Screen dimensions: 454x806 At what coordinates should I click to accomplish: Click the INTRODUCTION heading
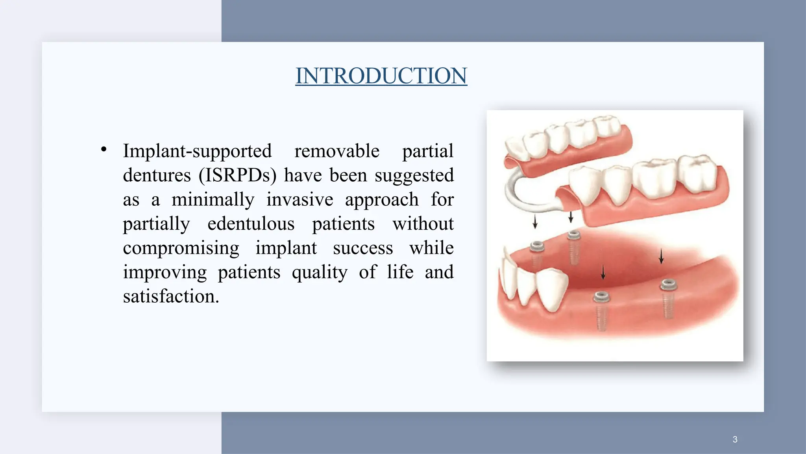point(381,76)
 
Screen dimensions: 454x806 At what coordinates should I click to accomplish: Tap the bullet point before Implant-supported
point(104,149)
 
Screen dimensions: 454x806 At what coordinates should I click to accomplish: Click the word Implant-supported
point(197,151)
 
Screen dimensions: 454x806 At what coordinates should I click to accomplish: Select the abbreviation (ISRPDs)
point(237,175)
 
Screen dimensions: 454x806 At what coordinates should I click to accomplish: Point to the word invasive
point(299,199)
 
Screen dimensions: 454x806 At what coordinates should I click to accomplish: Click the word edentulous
point(251,224)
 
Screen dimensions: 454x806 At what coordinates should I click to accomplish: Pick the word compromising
point(181,248)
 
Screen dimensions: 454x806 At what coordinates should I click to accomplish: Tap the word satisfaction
point(170,296)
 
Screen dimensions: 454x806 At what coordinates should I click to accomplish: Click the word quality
point(320,272)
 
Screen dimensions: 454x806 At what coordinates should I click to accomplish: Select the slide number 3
point(735,439)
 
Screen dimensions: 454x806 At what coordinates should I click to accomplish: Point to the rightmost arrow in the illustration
point(661,256)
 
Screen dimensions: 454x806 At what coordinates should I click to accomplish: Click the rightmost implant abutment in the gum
point(668,285)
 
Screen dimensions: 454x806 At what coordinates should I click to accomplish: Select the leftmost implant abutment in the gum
point(536,247)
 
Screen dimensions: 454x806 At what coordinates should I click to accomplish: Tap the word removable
point(337,151)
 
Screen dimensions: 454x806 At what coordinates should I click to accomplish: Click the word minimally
point(213,199)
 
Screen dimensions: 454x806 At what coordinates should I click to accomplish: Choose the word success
point(363,248)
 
